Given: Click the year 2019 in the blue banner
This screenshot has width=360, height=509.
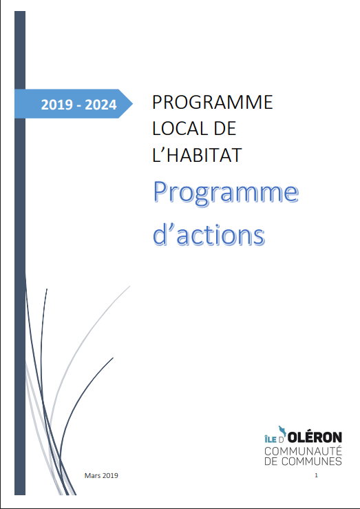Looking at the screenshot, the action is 56,105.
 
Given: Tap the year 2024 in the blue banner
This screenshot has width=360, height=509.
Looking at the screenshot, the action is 100,105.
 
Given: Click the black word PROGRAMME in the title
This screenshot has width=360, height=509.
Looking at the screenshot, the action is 213,102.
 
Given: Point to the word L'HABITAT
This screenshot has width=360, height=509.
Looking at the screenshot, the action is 197,155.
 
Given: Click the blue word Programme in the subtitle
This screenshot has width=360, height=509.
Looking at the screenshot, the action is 226,193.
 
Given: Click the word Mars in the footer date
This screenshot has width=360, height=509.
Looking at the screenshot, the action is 92,475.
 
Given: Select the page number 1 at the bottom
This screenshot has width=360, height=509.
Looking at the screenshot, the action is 316,475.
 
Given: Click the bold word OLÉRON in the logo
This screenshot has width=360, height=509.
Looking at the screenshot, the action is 315,437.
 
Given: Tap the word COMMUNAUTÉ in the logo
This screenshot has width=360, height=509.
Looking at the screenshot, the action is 303,451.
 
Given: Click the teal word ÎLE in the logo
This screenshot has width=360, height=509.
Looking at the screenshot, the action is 270,439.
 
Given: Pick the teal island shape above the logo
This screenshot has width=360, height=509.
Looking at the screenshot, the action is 282,431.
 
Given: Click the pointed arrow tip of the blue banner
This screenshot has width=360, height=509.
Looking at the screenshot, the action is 132,104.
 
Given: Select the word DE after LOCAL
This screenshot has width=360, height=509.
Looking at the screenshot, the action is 224,129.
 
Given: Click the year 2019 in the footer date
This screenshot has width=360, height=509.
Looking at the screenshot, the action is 110,475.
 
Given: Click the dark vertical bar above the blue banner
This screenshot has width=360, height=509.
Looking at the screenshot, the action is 20,50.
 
